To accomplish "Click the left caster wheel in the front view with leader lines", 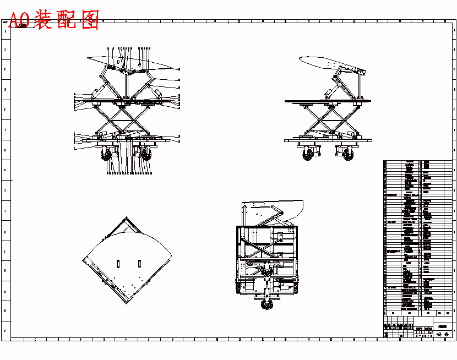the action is click(x=107, y=155).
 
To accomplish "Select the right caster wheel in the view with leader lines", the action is click(x=146, y=155).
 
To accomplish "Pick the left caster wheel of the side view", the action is click(x=307, y=155).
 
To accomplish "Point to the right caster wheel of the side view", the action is click(x=348, y=155).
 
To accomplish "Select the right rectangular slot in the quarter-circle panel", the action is click(x=140, y=263).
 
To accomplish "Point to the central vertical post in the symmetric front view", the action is click(x=127, y=85).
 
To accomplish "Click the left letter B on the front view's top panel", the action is click(x=118, y=63).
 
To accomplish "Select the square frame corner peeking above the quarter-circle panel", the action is click(x=127, y=221).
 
